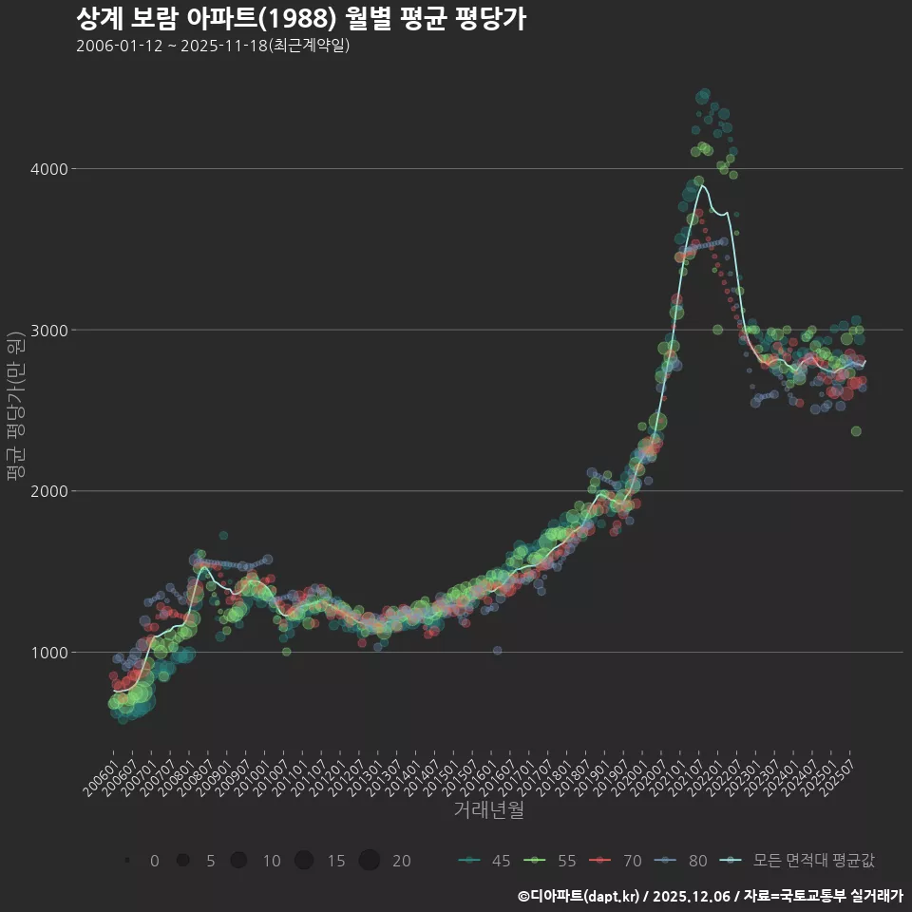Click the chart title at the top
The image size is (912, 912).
pos(300,19)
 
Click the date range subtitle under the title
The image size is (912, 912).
pos(213,46)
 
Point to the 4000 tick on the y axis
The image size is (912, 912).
pos(48,169)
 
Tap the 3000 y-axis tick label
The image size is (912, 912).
pos(48,331)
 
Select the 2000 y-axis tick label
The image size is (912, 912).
pos(48,491)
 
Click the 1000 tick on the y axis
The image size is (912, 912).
pos(48,653)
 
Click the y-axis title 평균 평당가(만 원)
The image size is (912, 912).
pos(14,408)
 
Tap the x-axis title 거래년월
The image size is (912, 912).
pos(488,810)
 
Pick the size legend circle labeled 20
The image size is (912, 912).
pos(370,861)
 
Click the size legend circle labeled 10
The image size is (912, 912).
pos(238,861)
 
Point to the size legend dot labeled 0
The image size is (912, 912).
pos(126,861)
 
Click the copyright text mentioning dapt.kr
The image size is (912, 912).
pos(709,895)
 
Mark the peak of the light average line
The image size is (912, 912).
pos(702,185)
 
